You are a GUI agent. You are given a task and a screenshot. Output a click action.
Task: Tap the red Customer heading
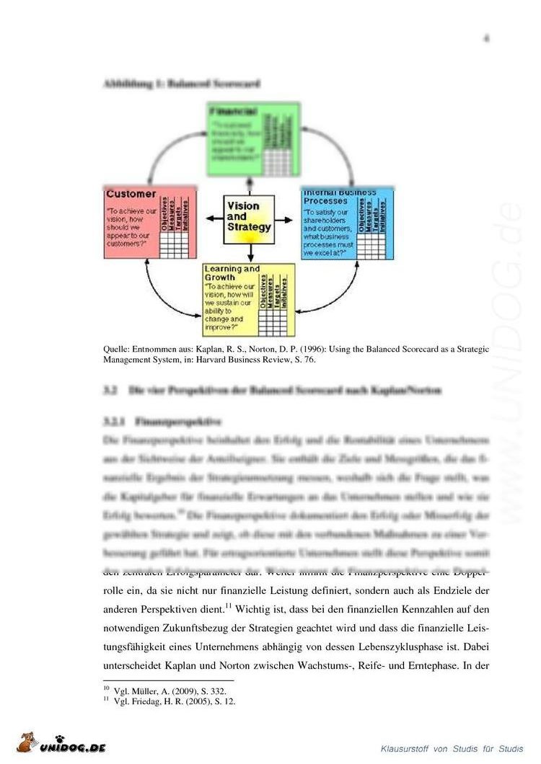click(x=131, y=194)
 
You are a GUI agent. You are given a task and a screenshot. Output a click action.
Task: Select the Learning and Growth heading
click(x=232, y=273)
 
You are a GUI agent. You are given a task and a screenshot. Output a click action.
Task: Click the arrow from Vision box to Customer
click(x=213, y=217)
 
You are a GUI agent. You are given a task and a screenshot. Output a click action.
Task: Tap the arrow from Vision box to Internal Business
click(x=287, y=217)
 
